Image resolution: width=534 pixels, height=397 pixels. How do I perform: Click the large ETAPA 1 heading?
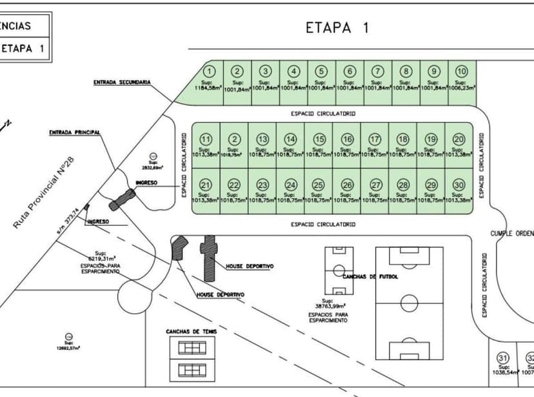tap(337, 28)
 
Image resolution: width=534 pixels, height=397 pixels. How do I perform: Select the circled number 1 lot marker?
tap(209, 71)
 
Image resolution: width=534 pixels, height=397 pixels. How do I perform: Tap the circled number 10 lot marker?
tap(461, 71)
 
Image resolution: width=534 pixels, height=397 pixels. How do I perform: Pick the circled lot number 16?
tap(348, 139)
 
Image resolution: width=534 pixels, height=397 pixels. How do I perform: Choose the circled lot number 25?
tap(317, 185)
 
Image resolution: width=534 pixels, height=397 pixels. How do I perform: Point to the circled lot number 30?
tap(459, 185)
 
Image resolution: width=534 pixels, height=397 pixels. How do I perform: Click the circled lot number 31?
tap(503, 358)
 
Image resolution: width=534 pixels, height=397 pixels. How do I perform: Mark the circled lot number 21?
tap(205, 185)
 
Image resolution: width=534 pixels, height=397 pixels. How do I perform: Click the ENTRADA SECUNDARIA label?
tap(122, 83)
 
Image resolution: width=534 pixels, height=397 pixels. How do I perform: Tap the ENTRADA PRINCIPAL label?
tap(75, 132)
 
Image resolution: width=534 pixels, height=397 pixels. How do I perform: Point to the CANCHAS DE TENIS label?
tap(192, 331)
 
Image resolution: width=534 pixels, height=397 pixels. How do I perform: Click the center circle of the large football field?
tap(409, 301)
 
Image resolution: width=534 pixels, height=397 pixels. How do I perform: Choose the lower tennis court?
tap(192, 370)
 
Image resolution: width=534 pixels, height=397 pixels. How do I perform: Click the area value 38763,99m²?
tap(330, 305)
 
